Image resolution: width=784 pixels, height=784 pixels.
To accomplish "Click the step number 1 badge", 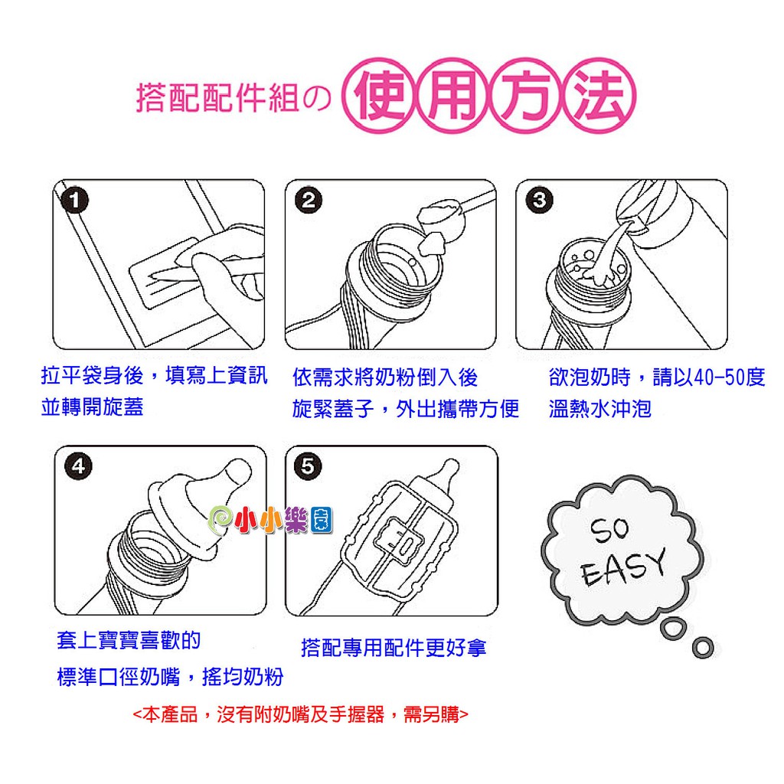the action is point(74,201).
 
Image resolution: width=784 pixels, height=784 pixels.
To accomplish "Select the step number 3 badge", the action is point(540,201).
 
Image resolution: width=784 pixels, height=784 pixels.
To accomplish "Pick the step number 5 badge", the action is point(308,466).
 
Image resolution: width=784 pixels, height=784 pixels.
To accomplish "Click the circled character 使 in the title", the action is point(380,95).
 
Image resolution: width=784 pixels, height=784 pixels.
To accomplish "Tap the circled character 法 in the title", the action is point(599,95).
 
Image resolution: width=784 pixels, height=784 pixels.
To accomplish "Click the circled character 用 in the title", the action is point(452,95).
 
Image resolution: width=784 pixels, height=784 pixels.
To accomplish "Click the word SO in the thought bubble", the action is point(609,530).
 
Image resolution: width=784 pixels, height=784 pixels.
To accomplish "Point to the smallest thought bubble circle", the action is point(703,648).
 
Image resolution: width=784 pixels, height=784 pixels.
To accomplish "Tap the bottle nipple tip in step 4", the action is point(237,471).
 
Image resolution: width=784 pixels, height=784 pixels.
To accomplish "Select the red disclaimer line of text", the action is point(300,714).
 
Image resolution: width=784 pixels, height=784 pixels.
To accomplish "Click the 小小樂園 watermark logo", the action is point(270,520).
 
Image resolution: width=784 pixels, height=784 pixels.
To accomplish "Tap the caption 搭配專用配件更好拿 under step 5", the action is point(394,648).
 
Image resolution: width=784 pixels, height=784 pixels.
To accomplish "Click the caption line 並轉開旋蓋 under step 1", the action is point(93,407).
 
